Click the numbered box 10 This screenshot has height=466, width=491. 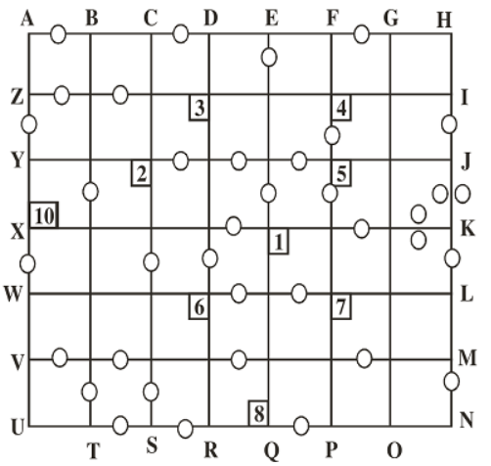44,215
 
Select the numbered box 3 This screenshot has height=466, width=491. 199,108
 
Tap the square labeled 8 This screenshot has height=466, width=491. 258,413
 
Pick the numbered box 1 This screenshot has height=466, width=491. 279,242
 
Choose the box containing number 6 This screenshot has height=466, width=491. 199,306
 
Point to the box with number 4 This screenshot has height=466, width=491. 341,108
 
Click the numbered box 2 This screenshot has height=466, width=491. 141,173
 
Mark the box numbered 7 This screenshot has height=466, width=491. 341,306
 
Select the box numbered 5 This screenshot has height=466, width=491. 341,173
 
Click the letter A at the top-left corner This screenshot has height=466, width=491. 27,19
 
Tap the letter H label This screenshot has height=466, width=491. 444,21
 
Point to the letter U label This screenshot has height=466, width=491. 19,428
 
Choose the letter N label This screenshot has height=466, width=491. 467,421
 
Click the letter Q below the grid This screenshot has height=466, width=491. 271,451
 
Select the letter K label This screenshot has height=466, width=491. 468,229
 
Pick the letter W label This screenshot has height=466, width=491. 14,294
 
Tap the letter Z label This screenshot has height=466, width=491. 17,98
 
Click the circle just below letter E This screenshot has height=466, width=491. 269,57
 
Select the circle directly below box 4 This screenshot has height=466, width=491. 332,135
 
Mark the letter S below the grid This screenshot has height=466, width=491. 152,445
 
